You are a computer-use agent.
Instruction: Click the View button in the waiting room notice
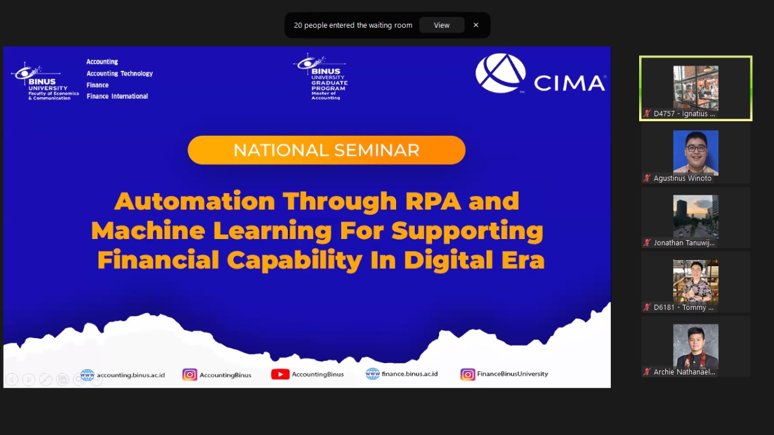[441, 25]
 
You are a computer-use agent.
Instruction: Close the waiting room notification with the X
[476, 25]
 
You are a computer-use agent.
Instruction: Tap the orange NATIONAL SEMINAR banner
[327, 150]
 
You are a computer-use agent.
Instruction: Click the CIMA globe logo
[501, 73]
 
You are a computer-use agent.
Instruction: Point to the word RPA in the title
[433, 201]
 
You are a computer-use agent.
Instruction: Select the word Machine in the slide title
[148, 231]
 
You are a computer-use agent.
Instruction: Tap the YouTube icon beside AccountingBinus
[280, 374]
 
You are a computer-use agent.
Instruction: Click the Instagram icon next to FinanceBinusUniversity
[467, 374]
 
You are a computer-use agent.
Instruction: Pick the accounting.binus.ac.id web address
[131, 375]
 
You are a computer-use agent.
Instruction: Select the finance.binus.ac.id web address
[409, 374]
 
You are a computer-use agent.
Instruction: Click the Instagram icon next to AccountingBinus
[190, 374]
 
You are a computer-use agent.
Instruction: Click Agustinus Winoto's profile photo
[695, 152]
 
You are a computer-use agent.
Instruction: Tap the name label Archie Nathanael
[684, 372]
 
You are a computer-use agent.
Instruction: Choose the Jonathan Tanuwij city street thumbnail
[695, 217]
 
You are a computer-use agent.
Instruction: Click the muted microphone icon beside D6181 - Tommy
[647, 307]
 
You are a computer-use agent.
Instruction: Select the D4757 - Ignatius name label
[684, 114]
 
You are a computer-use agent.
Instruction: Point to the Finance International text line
[117, 96]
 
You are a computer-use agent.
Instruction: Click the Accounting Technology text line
[120, 73]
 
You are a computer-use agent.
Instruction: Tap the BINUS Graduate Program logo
[321, 77]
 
